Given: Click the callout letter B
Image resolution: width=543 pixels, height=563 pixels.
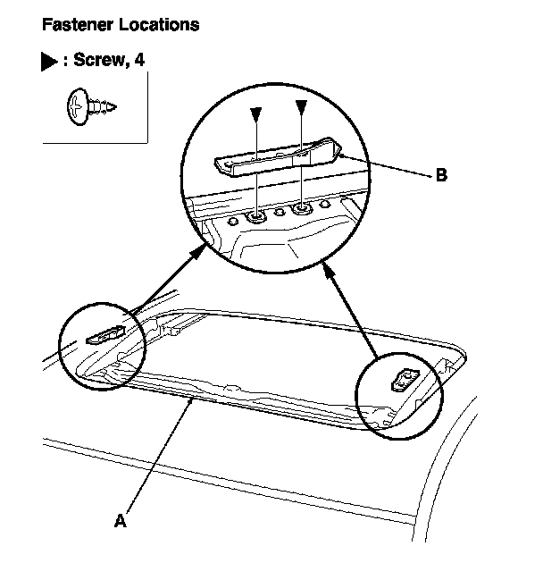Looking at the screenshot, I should tap(440, 175).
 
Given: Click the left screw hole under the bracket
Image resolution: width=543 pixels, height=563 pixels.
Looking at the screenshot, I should tap(257, 215).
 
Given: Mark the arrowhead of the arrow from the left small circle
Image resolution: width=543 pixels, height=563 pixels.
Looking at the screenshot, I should tap(197, 255).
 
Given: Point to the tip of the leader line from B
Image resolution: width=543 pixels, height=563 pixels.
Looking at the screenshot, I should tap(338, 153).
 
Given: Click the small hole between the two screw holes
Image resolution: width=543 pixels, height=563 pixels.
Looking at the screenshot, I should tap(280, 213).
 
